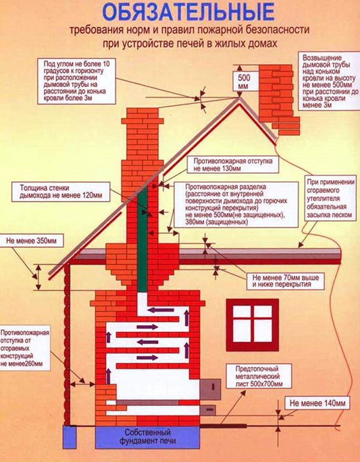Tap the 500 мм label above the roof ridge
(244, 82)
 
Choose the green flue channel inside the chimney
(143, 240)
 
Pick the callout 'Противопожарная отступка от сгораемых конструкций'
(25, 348)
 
